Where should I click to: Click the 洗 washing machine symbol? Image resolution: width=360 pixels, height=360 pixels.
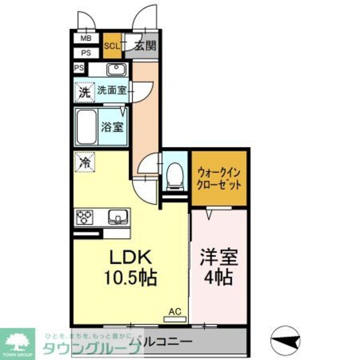[84, 92]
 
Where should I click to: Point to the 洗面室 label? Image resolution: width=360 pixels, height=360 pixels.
[112, 91]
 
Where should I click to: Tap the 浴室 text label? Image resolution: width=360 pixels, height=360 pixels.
[112, 127]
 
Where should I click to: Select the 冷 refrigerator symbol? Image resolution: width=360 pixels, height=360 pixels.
[84, 162]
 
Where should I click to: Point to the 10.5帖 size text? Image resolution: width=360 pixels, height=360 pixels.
[131, 278]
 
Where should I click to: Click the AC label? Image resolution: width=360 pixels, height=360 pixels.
[175, 312]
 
